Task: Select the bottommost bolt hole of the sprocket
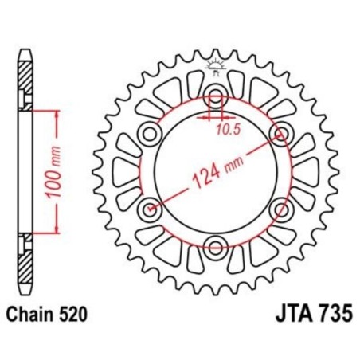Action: pos(216,245)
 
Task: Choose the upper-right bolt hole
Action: pos(280,136)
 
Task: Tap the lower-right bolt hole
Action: pos(280,209)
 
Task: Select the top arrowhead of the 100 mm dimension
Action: pos(57,114)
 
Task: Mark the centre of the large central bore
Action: pos(216,172)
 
